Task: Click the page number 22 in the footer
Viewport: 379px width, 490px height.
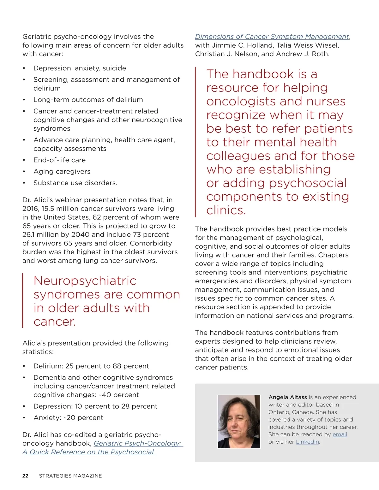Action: click(x=25, y=476)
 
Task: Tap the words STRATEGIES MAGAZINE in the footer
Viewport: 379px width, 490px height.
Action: click(x=70, y=476)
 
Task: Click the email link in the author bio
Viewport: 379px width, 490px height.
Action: click(x=340, y=434)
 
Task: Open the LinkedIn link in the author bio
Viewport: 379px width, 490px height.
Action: click(x=307, y=442)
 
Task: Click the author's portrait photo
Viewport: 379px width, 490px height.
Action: click(x=239, y=422)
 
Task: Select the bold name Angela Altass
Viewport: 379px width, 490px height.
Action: click(x=287, y=397)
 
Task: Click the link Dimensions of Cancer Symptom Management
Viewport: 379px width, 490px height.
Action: click(x=272, y=37)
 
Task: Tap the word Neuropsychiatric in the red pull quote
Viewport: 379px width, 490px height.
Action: click(x=85, y=281)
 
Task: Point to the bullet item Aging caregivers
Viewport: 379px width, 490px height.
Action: click(x=62, y=171)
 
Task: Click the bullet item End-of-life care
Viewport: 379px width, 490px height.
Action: click(x=59, y=160)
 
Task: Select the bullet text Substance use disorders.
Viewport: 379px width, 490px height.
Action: click(x=75, y=183)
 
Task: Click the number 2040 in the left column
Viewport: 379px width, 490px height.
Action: click(x=80, y=235)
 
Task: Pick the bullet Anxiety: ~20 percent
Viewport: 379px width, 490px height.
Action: click(x=68, y=418)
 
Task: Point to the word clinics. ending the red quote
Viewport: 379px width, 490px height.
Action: click(x=226, y=210)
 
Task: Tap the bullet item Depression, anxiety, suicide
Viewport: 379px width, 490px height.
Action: click(x=80, y=68)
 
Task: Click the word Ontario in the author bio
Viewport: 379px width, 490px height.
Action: click(x=279, y=412)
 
